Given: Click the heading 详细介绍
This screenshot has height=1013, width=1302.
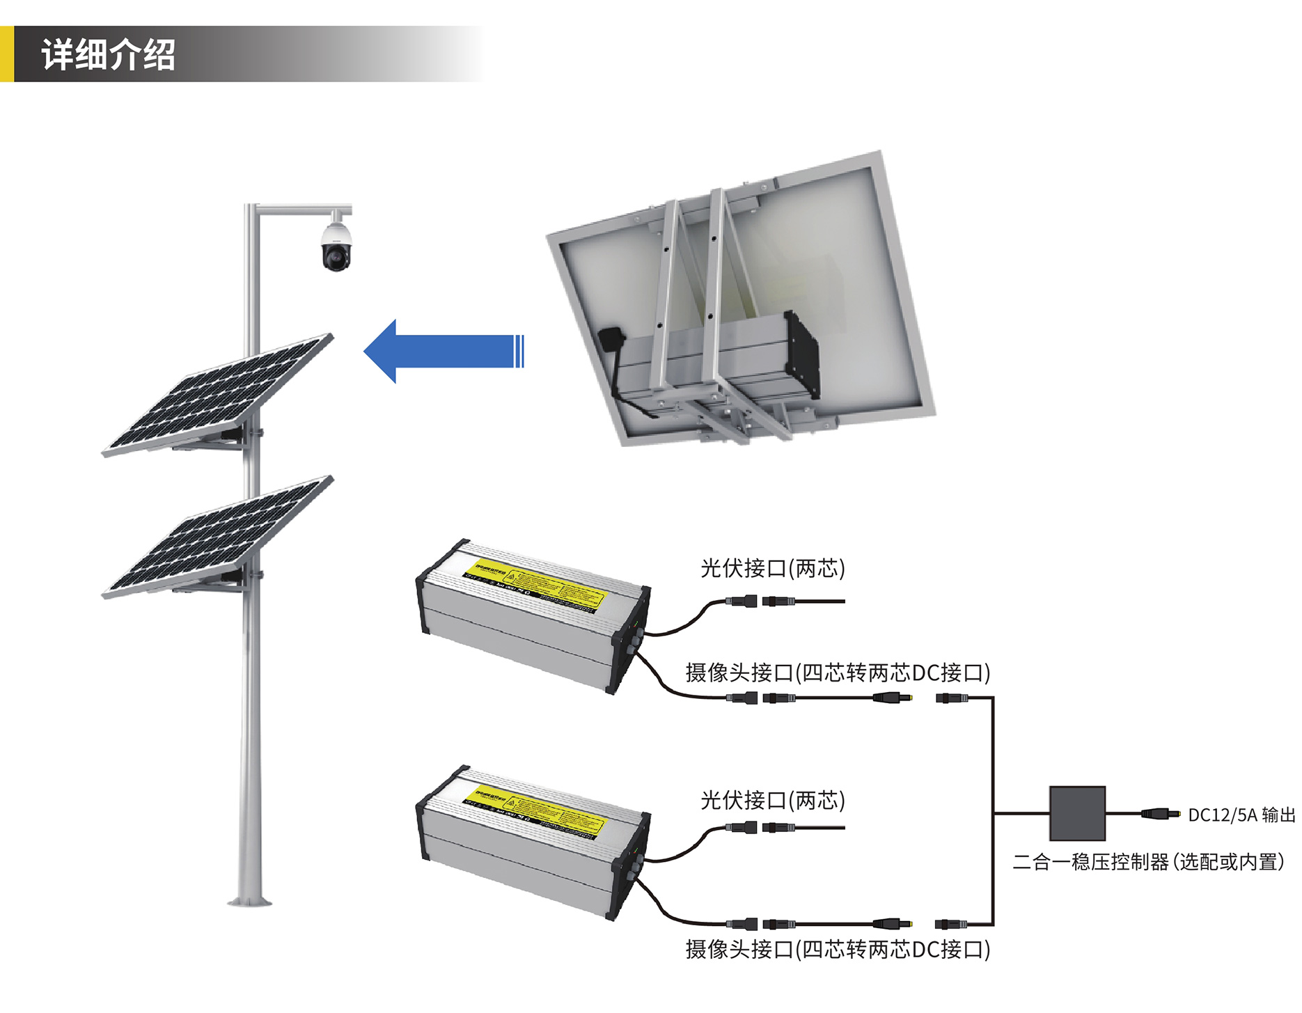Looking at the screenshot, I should (108, 55).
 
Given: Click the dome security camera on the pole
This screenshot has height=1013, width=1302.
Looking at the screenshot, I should (336, 247).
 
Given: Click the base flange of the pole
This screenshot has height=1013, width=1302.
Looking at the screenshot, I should (250, 902).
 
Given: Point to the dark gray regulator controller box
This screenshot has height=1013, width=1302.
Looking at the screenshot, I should (1076, 813).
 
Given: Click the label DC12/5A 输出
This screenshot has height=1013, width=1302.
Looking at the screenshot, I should (1241, 815).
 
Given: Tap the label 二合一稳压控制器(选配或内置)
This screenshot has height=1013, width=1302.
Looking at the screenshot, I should (1147, 862).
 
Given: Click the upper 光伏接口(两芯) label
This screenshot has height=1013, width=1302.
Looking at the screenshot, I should (772, 568).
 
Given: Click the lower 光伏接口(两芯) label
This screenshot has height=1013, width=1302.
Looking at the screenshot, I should (772, 800).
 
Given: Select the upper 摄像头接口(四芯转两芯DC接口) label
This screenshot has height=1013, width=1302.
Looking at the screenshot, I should (837, 673).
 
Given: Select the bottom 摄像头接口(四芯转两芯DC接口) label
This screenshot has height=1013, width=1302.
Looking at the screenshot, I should (837, 949).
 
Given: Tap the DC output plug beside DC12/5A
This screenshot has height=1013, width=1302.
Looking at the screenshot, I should (1160, 813).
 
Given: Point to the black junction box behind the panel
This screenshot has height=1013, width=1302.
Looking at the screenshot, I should (611, 338).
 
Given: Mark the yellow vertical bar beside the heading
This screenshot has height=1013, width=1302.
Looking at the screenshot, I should (6, 54).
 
